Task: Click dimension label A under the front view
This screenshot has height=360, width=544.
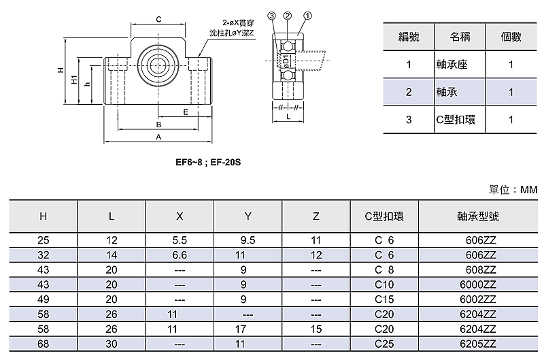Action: point(158,137)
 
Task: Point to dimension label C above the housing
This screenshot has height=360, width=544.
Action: point(158,19)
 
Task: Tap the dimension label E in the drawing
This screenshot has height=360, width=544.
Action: point(185,110)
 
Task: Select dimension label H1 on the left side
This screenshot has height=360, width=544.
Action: point(74,80)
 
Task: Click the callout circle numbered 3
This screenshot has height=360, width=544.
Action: point(271,15)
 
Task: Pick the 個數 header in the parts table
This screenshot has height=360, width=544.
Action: point(510,37)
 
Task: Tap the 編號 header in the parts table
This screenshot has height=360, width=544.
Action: point(409,37)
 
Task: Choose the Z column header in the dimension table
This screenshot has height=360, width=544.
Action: point(316,216)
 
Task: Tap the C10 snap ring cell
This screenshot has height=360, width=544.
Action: point(384,284)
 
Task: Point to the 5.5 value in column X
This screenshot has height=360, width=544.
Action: point(180,240)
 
